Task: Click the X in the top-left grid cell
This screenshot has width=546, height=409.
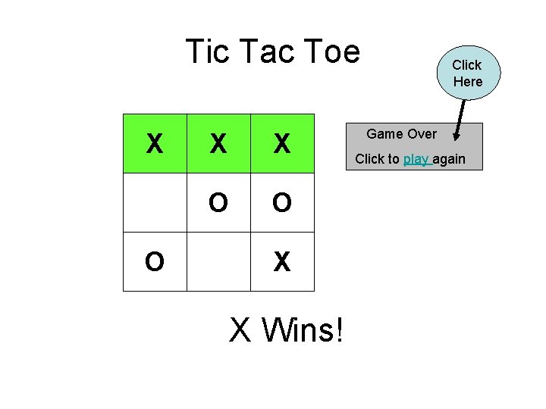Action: coord(155,143)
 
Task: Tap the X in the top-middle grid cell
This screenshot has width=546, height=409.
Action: coord(218,143)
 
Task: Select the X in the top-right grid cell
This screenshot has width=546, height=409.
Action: coord(282,143)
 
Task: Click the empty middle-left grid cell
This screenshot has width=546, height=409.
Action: coord(155,202)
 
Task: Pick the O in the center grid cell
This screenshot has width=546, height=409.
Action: coord(218,203)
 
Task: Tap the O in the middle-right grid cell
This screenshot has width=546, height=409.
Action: coord(282,203)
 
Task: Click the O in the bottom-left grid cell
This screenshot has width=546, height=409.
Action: coord(155,262)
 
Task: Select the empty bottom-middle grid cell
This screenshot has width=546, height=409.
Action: coord(218,261)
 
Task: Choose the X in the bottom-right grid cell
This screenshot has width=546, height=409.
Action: coord(282,262)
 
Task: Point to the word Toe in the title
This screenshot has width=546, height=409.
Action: coord(331,52)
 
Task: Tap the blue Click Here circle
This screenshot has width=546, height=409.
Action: coord(468,73)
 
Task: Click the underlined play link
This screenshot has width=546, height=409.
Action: coord(417,159)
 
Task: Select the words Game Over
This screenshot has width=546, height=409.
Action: coord(401,134)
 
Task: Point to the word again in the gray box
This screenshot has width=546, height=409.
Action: coord(449,159)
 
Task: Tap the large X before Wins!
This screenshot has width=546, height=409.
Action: coord(240,329)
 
